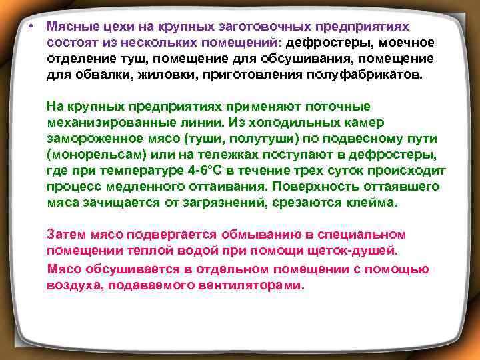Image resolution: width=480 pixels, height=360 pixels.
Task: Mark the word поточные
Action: tap(333, 107)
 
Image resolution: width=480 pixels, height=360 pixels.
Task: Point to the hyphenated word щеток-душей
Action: tap(354, 251)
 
